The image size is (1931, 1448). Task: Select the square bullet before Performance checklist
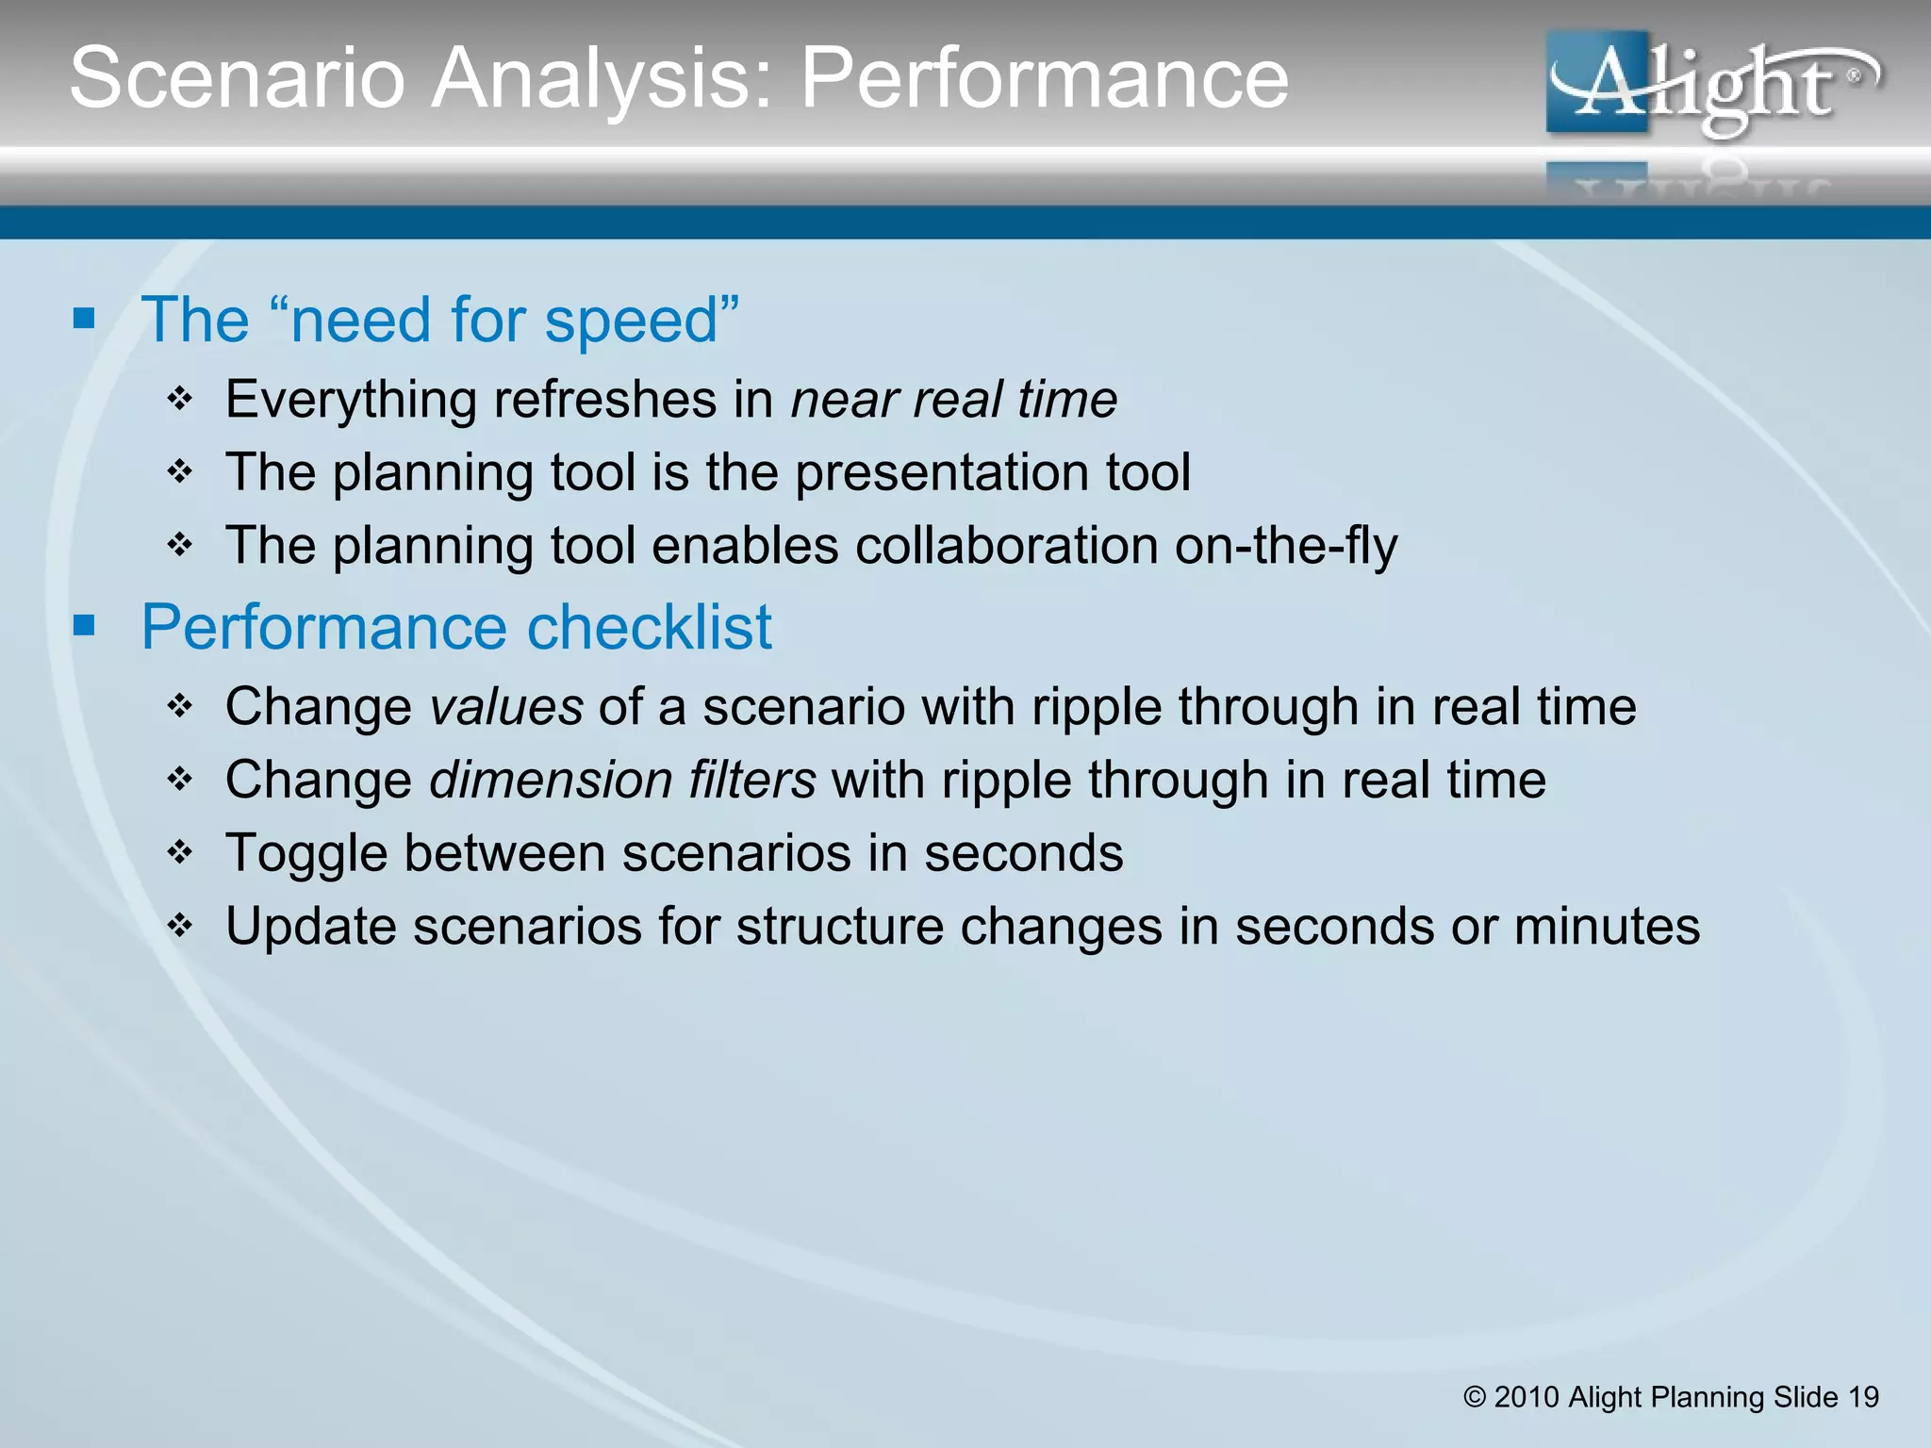click(85, 625)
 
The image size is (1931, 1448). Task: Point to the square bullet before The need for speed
click(85, 319)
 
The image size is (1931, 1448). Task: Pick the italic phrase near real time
click(953, 399)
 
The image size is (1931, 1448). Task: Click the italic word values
click(505, 707)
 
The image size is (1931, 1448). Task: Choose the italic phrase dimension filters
click(622, 781)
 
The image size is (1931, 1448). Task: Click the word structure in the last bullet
click(840, 926)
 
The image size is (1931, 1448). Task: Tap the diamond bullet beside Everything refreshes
click(180, 399)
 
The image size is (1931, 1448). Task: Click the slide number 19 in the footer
click(1863, 1397)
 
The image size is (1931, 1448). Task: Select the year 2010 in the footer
click(1527, 1397)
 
